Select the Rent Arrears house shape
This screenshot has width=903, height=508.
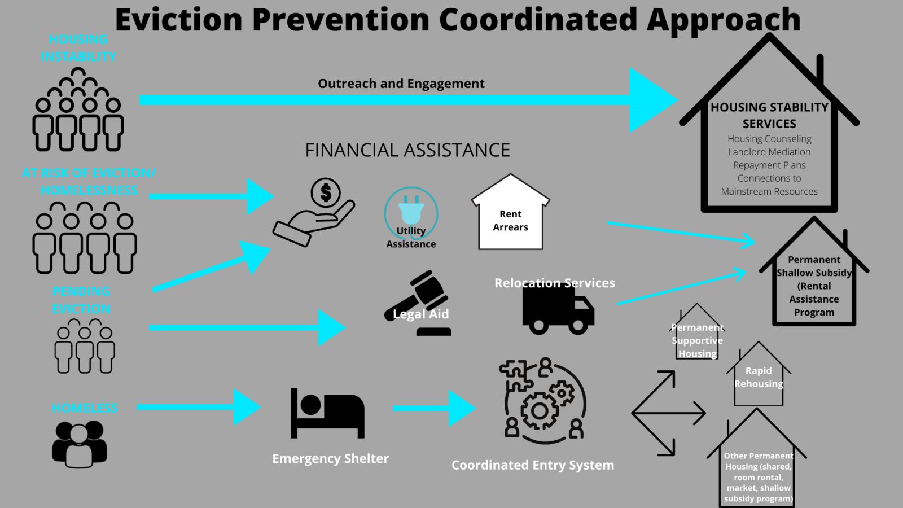pos(510,214)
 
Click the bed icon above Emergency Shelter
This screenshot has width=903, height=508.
pos(327,413)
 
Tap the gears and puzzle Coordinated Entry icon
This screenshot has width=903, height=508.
pos(542,400)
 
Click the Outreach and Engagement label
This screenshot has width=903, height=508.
pos(401,84)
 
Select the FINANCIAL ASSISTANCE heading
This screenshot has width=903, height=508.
pos(407,150)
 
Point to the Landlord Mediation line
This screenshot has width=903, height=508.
pos(769,152)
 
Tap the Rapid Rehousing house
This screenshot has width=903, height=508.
pos(759,376)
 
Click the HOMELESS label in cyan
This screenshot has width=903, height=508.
pos(85,408)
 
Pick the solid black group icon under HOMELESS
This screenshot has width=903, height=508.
pos(80,444)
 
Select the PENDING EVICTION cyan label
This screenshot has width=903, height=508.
pos(81,300)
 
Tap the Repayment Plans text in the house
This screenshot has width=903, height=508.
pos(769,165)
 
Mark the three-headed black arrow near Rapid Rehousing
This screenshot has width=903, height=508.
pos(666,413)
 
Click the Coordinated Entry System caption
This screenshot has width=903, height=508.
pos(532,465)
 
